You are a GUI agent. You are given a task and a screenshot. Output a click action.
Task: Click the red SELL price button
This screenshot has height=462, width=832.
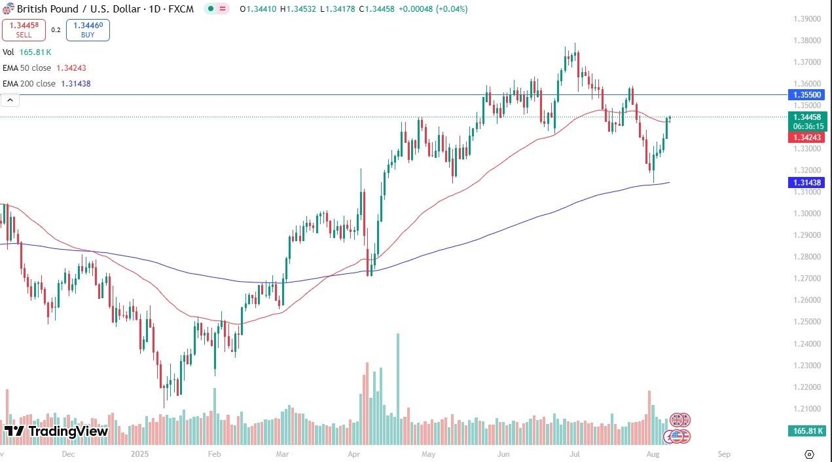24,30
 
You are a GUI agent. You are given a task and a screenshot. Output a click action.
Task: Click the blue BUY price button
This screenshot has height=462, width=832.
88,30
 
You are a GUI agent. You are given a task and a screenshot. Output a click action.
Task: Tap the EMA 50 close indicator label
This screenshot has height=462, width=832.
45,67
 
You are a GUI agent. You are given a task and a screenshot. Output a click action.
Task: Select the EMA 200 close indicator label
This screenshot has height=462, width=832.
46,84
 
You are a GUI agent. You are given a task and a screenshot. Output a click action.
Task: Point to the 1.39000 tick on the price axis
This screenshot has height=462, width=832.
806,19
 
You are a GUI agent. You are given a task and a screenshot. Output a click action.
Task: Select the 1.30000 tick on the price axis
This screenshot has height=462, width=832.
806,214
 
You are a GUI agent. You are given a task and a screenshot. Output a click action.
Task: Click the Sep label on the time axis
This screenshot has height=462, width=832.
723,453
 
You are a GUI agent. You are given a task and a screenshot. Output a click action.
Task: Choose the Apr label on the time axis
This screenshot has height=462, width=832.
354,453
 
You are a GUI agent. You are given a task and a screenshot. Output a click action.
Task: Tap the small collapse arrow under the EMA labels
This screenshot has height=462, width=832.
10,100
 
